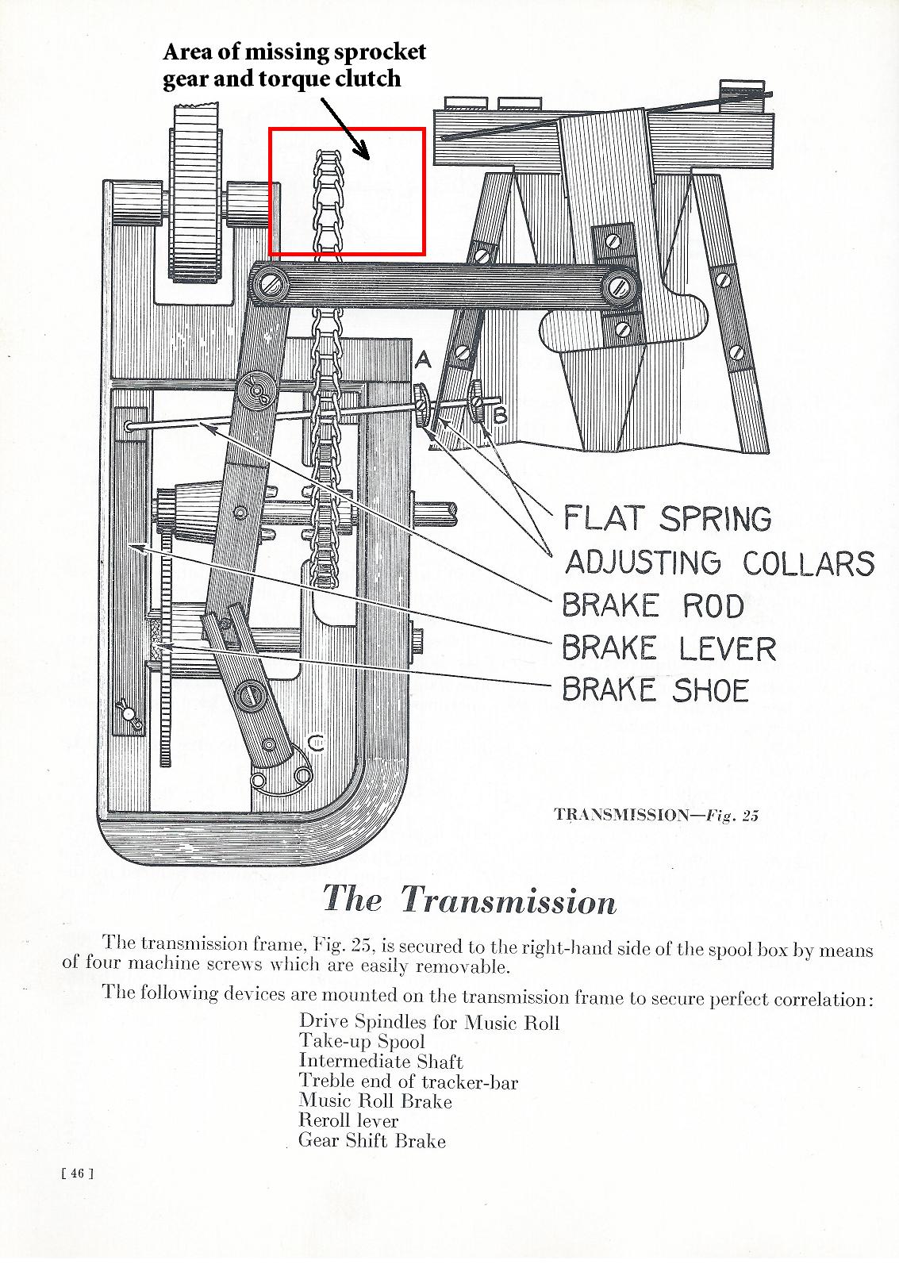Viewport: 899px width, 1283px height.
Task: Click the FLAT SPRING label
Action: coord(667,519)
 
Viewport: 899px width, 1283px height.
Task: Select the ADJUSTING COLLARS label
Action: coord(719,563)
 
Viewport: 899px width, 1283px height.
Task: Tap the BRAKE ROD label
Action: coord(652,605)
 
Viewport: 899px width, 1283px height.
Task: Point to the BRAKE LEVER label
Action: coord(668,648)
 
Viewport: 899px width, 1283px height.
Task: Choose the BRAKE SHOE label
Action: coord(655,690)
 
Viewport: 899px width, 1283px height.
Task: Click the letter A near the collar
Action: coord(423,360)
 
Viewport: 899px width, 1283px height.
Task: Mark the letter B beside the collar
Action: coord(500,415)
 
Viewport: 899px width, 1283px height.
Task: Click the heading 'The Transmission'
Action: coord(469,900)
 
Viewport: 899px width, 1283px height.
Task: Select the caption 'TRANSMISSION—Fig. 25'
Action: coord(655,815)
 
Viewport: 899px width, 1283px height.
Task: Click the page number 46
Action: coord(77,1174)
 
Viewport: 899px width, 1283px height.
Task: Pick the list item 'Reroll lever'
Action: coord(348,1120)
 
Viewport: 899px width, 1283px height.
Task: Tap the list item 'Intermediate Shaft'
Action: coord(381,1062)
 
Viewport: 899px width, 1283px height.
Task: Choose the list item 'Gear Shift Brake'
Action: coord(372,1141)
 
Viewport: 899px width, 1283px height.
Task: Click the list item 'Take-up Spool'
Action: coord(362,1042)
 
